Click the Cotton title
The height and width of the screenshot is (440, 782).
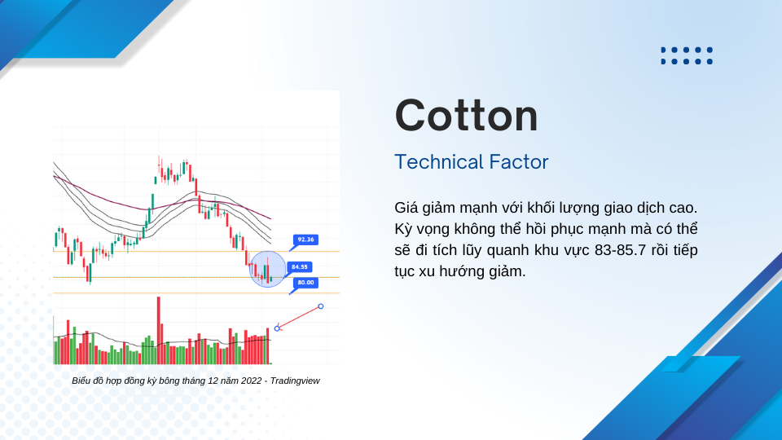[x=466, y=116]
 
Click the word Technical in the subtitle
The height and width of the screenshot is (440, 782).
[x=438, y=162]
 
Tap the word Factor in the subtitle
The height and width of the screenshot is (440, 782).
[x=519, y=162]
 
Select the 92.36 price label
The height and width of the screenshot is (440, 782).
[x=305, y=240]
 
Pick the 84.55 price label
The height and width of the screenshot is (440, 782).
[x=299, y=267]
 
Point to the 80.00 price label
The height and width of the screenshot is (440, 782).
[x=305, y=283]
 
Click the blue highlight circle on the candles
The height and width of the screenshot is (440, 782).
[x=267, y=270]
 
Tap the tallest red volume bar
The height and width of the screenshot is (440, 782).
[x=159, y=330]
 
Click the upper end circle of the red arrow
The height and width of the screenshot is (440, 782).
[x=321, y=306]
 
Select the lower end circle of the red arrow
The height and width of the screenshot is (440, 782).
[x=277, y=328]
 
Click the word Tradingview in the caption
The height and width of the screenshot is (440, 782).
[x=295, y=381]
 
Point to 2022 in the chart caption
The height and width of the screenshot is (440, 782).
[x=251, y=381]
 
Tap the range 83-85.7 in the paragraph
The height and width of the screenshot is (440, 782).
[x=622, y=250]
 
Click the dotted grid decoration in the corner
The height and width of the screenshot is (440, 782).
[x=687, y=55]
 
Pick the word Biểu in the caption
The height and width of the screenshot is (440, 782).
[x=81, y=381]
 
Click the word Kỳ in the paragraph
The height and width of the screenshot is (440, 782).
[x=402, y=229]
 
